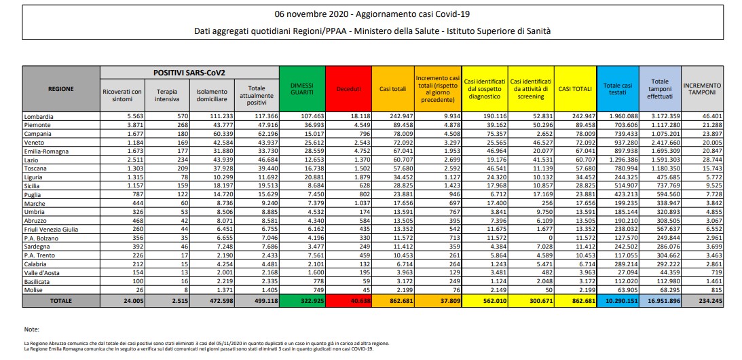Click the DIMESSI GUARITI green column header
coord(302,88)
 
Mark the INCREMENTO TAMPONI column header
coord(702,88)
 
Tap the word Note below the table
coord(31,329)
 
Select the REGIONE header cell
coord(61,88)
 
